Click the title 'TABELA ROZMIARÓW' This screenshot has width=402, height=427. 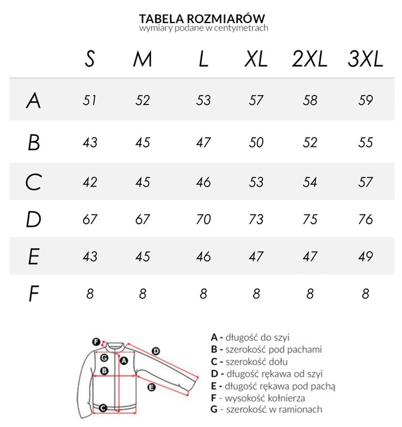click(202, 18)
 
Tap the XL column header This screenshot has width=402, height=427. click(256, 59)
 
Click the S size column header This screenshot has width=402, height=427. click(90, 59)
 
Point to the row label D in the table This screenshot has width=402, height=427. click(34, 220)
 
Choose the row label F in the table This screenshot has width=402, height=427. click(34, 294)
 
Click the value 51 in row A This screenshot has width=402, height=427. click(90, 100)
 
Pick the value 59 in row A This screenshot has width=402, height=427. click(366, 100)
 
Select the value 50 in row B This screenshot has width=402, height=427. click(256, 142)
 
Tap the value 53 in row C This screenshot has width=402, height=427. click(256, 181)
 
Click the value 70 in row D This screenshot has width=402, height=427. click(203, 220)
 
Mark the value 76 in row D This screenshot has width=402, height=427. click(366, 220)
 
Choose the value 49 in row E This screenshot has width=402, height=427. click(366, 256)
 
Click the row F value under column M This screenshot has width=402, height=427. click(143, 293)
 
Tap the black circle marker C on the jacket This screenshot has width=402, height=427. click(103, 407)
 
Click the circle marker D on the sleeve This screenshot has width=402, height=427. click(156, 351)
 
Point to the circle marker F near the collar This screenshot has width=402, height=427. click(95, 341)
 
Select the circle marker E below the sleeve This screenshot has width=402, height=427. click(151, 387)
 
